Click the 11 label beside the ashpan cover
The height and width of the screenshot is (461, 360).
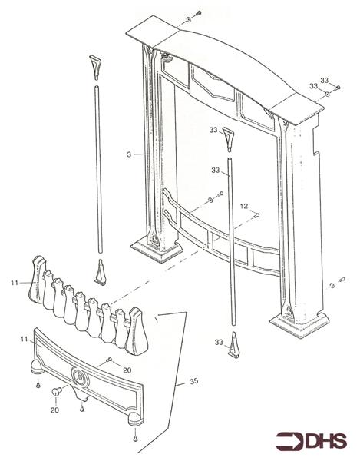[24, 338]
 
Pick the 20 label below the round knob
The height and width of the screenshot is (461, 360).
[53, 410]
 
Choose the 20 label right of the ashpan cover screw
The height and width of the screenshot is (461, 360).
[126, 370]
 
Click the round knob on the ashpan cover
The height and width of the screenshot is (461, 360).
[57, 392]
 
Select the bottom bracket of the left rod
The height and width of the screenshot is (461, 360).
[100, 273]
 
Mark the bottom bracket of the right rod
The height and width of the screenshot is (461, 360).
[236, 350]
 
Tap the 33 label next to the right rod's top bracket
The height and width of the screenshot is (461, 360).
[213, 130]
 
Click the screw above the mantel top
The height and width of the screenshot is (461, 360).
[196, 13]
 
